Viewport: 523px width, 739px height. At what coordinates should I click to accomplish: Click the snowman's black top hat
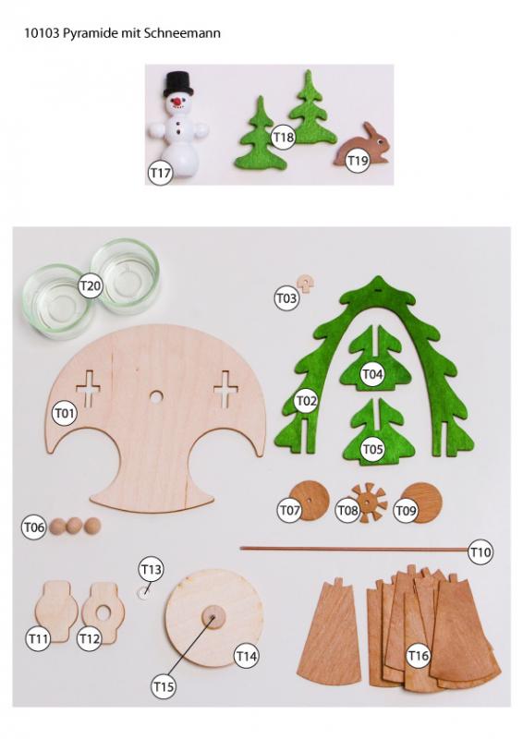pyautogui.click(x=178, y=83)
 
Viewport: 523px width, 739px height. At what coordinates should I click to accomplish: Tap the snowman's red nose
pyautogui.click(x=177, y=101)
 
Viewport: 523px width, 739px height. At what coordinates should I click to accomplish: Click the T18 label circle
pyautogui.click(x=283, y=137)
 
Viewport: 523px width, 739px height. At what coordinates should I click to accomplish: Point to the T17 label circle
pyautogui.click(x=160, y=173)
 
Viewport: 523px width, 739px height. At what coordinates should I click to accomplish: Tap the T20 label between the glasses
pyautogui.click(x=91, y=285)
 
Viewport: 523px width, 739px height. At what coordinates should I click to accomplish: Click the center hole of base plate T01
pyautogui.click(x=155, y=397)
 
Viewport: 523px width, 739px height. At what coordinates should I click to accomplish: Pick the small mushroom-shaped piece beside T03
pyautogui.click(x=305, y=284)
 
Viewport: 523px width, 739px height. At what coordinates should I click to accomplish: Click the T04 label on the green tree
pyautogui.click(x=372, y=374)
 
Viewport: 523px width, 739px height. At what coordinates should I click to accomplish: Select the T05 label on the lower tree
pyautogui.click(x=372, y=449)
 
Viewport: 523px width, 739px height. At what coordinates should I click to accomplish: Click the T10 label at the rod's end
pyautogui.click(x=480, y=551)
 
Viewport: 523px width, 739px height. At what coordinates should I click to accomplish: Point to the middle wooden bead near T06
pyautogui.click(x=74, y=526)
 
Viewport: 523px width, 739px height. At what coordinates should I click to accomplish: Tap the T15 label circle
pyautogui.click(x=164, y=686)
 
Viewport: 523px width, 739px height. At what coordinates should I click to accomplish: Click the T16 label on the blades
pyautogui.click(x=418, y=655)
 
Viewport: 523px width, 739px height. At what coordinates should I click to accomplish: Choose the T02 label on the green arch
pyautogui.click(x=306, y=401)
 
